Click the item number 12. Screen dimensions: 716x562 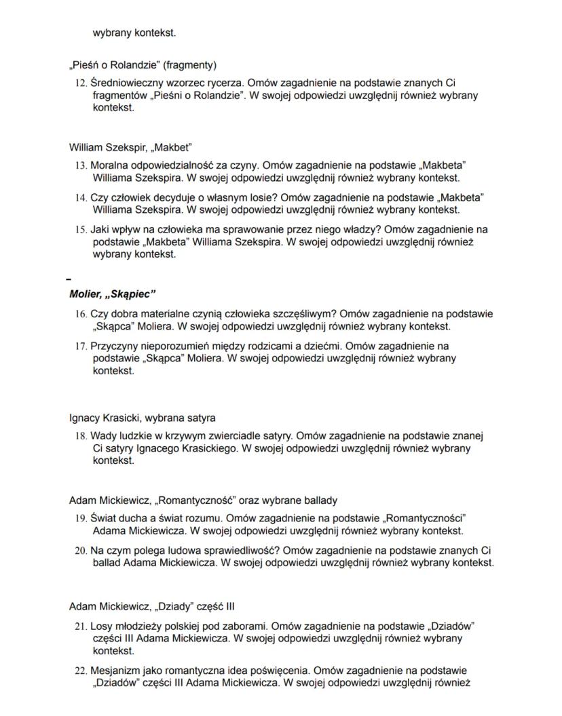coord(80,82)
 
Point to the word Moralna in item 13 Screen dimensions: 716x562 coord(109,165)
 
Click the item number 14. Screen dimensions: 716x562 coord(80,197)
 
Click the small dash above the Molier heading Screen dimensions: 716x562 coord(68,279)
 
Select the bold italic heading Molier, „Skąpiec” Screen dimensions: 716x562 coord(113,294)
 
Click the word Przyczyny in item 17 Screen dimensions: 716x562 coord(113,346)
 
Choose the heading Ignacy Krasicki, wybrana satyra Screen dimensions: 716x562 coord(143,418)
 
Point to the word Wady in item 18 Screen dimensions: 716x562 coord(102,435)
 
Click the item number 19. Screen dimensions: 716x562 coord(80,518)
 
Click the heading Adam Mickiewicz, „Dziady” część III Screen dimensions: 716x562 coord(152,606)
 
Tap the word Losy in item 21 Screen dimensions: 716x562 coord(101,624)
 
